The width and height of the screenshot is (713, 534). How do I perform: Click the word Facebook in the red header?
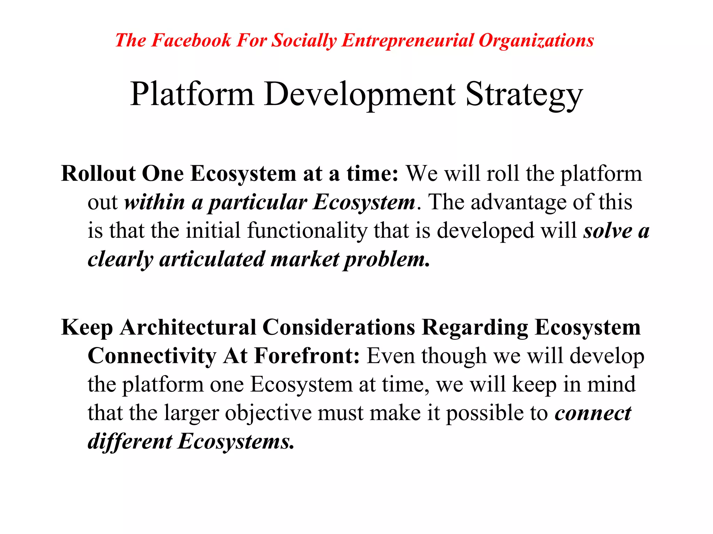click(x=191, y=40)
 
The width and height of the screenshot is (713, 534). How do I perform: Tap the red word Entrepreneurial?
click(x=408, y=40)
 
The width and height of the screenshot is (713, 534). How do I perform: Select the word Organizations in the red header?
click(x=536, y=40)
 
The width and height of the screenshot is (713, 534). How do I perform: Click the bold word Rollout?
click(x=98, y=173)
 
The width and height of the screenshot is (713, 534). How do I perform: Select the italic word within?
click(x=155, y=202)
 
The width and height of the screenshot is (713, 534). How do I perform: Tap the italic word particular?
click(x=258, y=202)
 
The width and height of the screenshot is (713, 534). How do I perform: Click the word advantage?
click(x=518, y=202)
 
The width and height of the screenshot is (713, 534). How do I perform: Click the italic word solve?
click(x=608, y=231)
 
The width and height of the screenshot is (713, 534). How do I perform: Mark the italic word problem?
click(x=386, y=259)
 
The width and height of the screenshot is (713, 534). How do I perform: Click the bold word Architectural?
click(x=188, y=327)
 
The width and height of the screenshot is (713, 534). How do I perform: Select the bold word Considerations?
click(x=339, y=327)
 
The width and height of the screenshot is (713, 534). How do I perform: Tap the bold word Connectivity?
click(x=152, y=356)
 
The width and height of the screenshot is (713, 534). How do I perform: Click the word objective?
click(x=268, y=413)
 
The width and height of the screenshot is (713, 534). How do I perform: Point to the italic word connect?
click(x=593, y=413)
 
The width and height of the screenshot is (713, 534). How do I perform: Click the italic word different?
click(x=130, y=442)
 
